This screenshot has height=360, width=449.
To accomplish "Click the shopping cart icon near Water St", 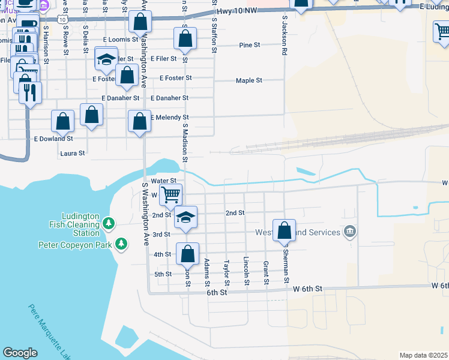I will pos(171,194).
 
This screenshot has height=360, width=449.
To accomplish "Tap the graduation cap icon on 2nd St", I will pos(186,217).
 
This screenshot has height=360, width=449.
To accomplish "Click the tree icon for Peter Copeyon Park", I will pos(122,244).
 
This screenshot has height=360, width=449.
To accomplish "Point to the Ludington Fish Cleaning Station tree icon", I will pos(108,224).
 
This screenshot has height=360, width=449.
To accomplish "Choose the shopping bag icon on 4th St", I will pos(188,254).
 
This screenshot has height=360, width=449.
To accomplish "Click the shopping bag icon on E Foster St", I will pos(127,76).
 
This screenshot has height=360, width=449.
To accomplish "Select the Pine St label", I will pos(249,45).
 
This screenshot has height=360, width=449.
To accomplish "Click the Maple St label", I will pos(249,80).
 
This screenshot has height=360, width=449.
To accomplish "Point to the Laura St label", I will pos(73,154).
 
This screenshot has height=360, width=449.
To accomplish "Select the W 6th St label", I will pos(308,289).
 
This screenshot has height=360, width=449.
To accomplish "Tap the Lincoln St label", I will pos(246,271).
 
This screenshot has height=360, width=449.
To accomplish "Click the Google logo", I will pos(20,353).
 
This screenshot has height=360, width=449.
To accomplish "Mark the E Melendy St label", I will pos(169,118).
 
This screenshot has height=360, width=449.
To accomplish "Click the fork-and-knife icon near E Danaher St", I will pos(29,92).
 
